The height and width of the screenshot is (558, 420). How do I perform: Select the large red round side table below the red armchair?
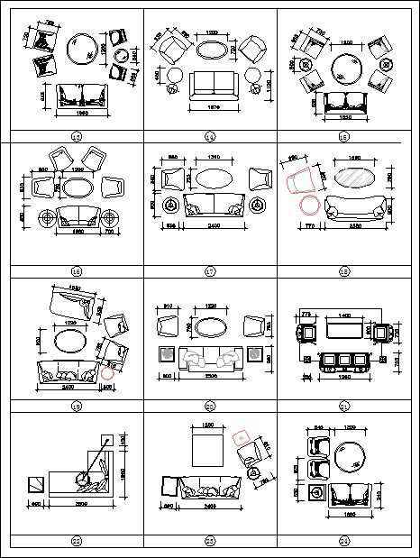click(x=309, y=206)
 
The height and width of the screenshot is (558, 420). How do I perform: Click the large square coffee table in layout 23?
click(x=208, y=448)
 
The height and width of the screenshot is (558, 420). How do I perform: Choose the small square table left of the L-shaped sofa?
click(x=34, y=485)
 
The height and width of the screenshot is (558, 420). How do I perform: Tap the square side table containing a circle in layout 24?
click(x=316, y=493)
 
